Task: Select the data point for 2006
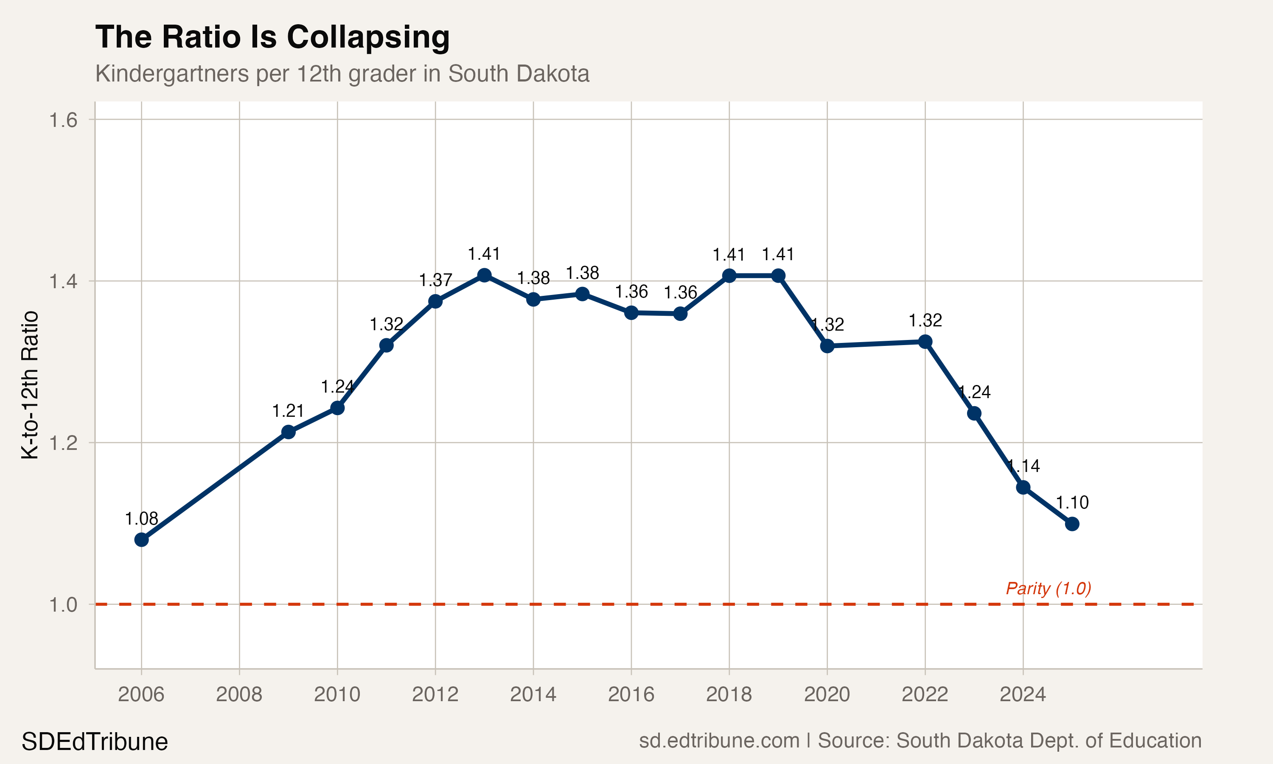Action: click(141, 539)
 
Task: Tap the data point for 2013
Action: click(484, 275)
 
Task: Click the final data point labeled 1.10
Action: click(1072, 524)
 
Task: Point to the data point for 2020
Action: click(827, 346)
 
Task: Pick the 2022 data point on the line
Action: click(925, 341)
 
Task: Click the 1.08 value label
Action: click(141, 518)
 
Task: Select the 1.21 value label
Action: click(288, 411)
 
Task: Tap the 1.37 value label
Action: click(435, 280)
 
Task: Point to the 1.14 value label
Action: click(1023, 466)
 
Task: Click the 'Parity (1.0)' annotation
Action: click(1048, 588)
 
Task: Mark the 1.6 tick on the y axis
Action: click(63, 120)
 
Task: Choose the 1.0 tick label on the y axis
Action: click(63, 604)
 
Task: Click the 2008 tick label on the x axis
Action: click(239, 694)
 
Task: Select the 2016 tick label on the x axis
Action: click(631, 694)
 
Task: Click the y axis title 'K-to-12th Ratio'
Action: click(30, 385)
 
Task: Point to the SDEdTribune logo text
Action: click(95, 742)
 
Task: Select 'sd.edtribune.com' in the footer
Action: click(719, 740)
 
